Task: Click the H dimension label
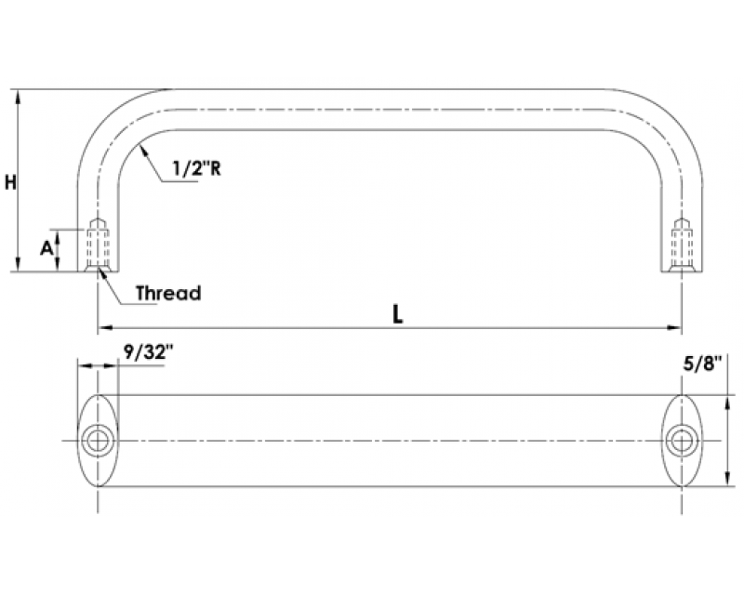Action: pyautogui.click(x=10, y=182)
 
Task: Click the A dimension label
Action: pyautogui.click(x=46, y=247)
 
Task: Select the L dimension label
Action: pyautogui.click(x=398, y=313)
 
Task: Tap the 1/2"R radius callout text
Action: pyautogui.click(x=196, y=168)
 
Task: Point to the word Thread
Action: pyautogui.click(x=168, y=293)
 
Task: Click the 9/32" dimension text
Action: pyautogui.click(x=149, y=352)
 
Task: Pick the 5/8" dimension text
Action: pyautogui.click(x=702, y=364)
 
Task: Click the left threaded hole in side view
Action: pyautogui.click(x=98, y=245)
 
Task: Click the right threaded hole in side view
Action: pyautogui.click(x=682, y=245)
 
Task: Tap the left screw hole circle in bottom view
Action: pyautogui.click(x=98, y=441)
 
